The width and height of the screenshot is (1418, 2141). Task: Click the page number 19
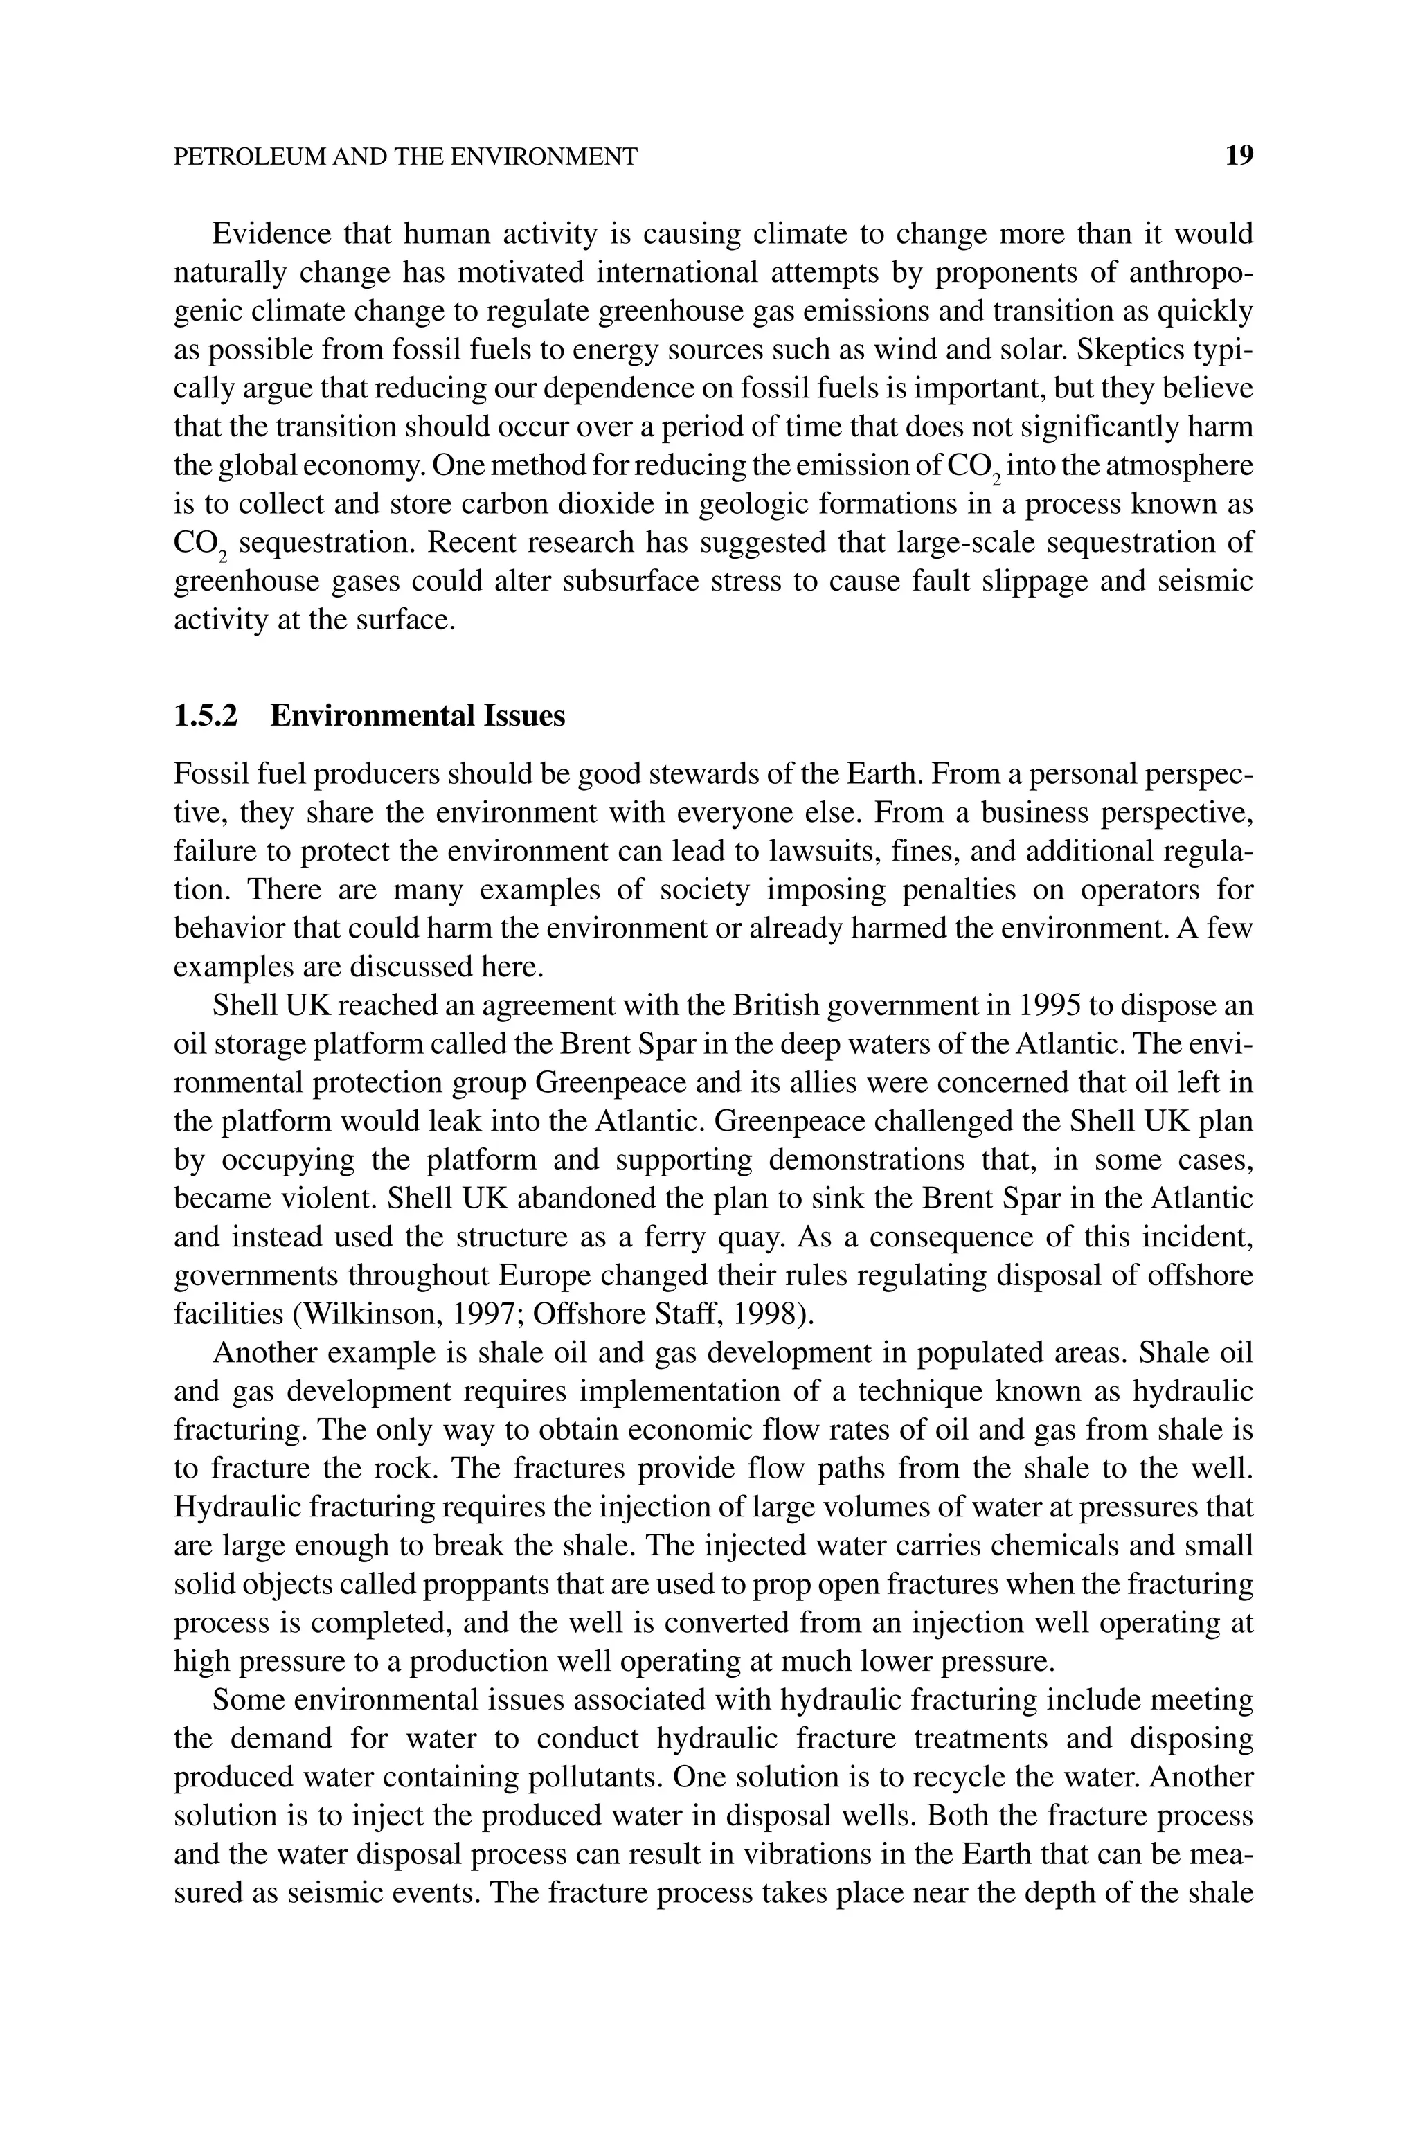(x=1239, y=156)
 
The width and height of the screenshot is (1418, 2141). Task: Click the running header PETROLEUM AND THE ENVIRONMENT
(x=405, y=157)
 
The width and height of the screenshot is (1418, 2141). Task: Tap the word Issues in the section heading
(x=525, y=716)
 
